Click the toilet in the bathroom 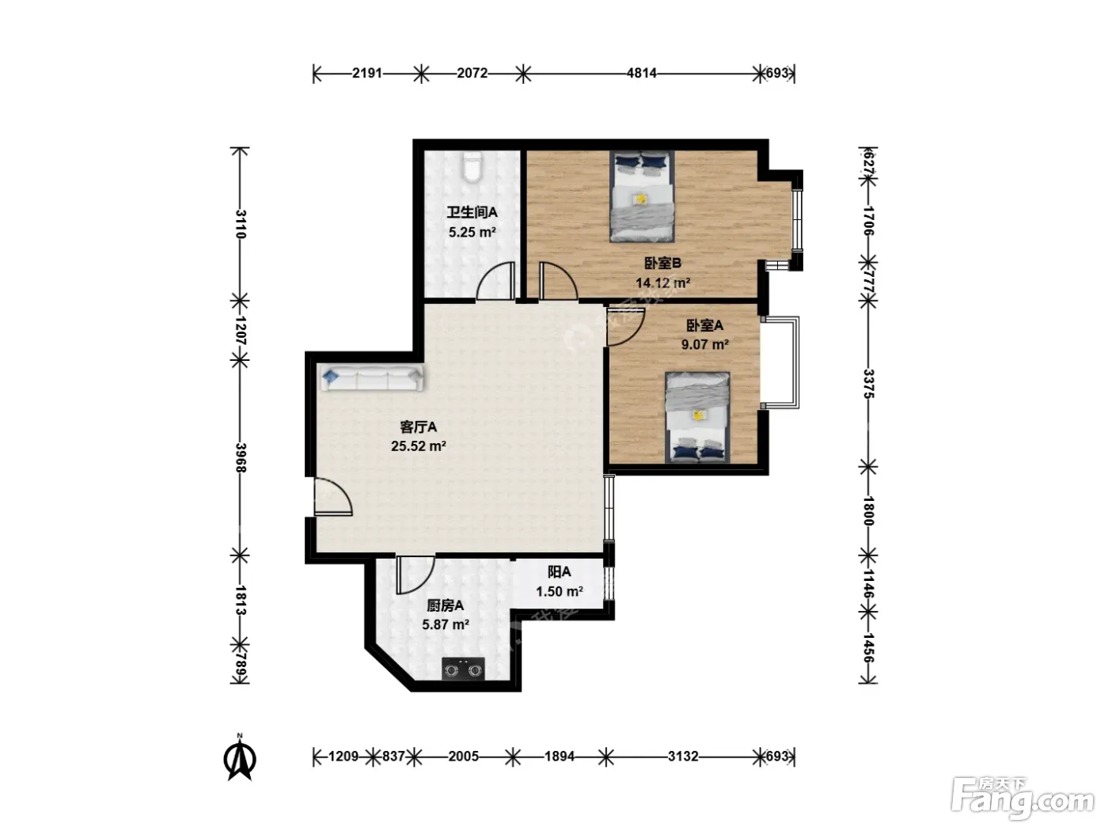[472, 167]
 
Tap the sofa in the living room [371, 378]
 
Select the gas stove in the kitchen [462, 669]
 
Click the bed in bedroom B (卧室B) [642, 197]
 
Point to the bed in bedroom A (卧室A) [697, 417]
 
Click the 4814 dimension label [641, 73]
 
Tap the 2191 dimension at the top [366, 73]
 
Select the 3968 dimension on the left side [241, 457]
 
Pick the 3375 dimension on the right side [867, 384]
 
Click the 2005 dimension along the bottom [464, 756]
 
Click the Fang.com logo [1023, 799]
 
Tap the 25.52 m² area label [419, 446]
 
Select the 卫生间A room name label [472, 212]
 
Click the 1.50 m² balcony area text [560, 591]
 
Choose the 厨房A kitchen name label [446, 605]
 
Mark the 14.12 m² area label [662, 283]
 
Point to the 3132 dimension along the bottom [683, 756]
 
